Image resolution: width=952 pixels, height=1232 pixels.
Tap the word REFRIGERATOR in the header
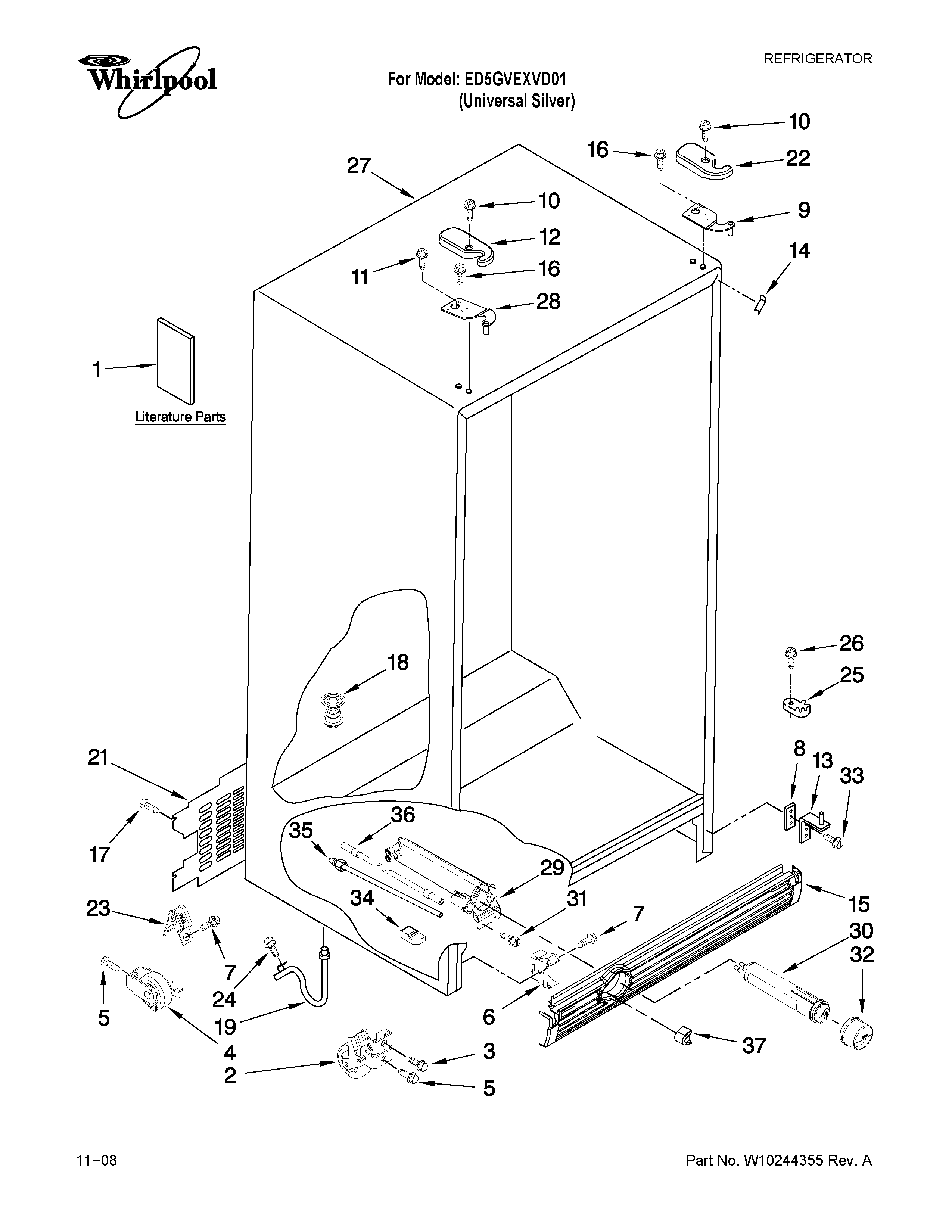pos(817,59)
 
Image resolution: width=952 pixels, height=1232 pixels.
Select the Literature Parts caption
pos(180,417)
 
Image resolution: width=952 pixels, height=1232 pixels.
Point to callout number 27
pos(359,166)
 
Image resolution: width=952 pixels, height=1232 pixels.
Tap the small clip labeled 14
pos(761,304)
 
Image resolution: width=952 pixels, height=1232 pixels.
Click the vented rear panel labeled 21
pos(211,824)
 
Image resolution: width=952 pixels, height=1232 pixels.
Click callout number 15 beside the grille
pos(859,904)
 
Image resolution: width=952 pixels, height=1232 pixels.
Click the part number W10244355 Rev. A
pos(778,1160)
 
